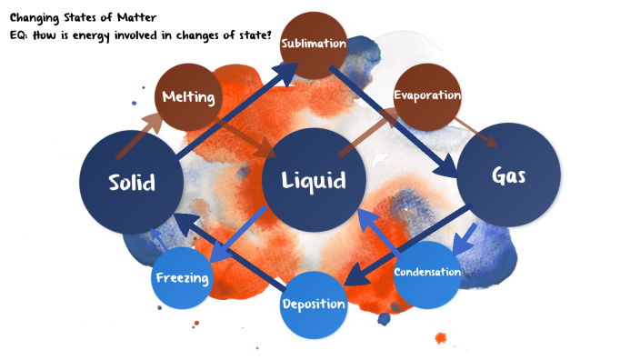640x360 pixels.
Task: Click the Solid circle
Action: [x=132, y=182]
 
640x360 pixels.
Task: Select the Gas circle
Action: [x=507, y=175]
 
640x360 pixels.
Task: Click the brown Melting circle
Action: [x=188, y=96]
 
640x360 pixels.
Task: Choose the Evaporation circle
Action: [x=426, y=95]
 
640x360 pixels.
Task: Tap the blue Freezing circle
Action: [x=183, y=276]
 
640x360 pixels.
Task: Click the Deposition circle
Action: [x=313, y=304]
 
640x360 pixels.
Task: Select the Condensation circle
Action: [x=427, y=272]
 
